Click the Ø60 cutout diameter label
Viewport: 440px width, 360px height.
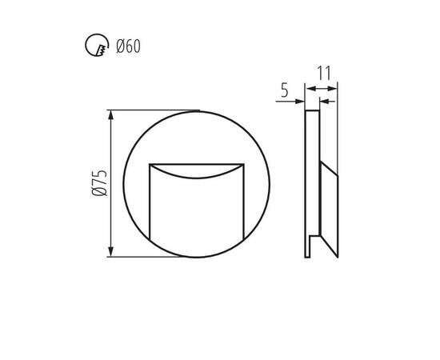point(128,46)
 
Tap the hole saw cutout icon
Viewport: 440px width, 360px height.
point(97,45)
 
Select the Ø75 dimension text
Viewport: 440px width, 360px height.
point(99,182)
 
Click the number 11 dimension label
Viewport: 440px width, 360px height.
point(324,74)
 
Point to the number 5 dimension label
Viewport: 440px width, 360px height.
point(285,90)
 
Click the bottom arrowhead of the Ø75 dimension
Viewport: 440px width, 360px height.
point(111,251)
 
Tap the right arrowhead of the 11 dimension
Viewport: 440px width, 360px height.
point(332,89)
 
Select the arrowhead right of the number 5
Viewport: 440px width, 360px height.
point(300,102)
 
